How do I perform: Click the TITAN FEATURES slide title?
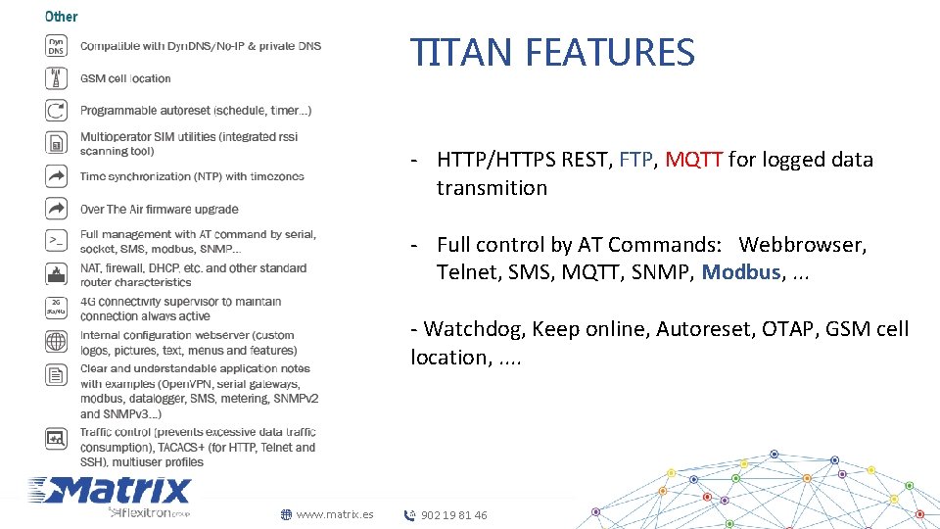point(552,52)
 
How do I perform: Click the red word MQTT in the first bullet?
point(694,160)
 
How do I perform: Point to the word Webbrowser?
point(802,244)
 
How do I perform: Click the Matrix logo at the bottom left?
point(110,493)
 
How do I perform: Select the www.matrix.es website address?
point(334,514)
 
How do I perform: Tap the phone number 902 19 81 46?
point(453,515)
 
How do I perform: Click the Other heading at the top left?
point(62,16)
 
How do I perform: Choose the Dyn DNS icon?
point(57,46)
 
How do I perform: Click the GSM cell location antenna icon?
point(57,77)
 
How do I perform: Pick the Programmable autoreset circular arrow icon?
point(57,111)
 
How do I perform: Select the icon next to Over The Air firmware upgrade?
point(57,209)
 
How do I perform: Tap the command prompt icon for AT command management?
point(57,240)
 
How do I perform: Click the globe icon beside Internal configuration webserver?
point(57,342)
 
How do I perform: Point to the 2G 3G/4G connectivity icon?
point(57,308)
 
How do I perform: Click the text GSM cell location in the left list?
point(125,78)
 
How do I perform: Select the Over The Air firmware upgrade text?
point(159,209)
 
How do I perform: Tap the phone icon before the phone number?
point(409,515)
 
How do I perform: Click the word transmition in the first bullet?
point(492,188)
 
